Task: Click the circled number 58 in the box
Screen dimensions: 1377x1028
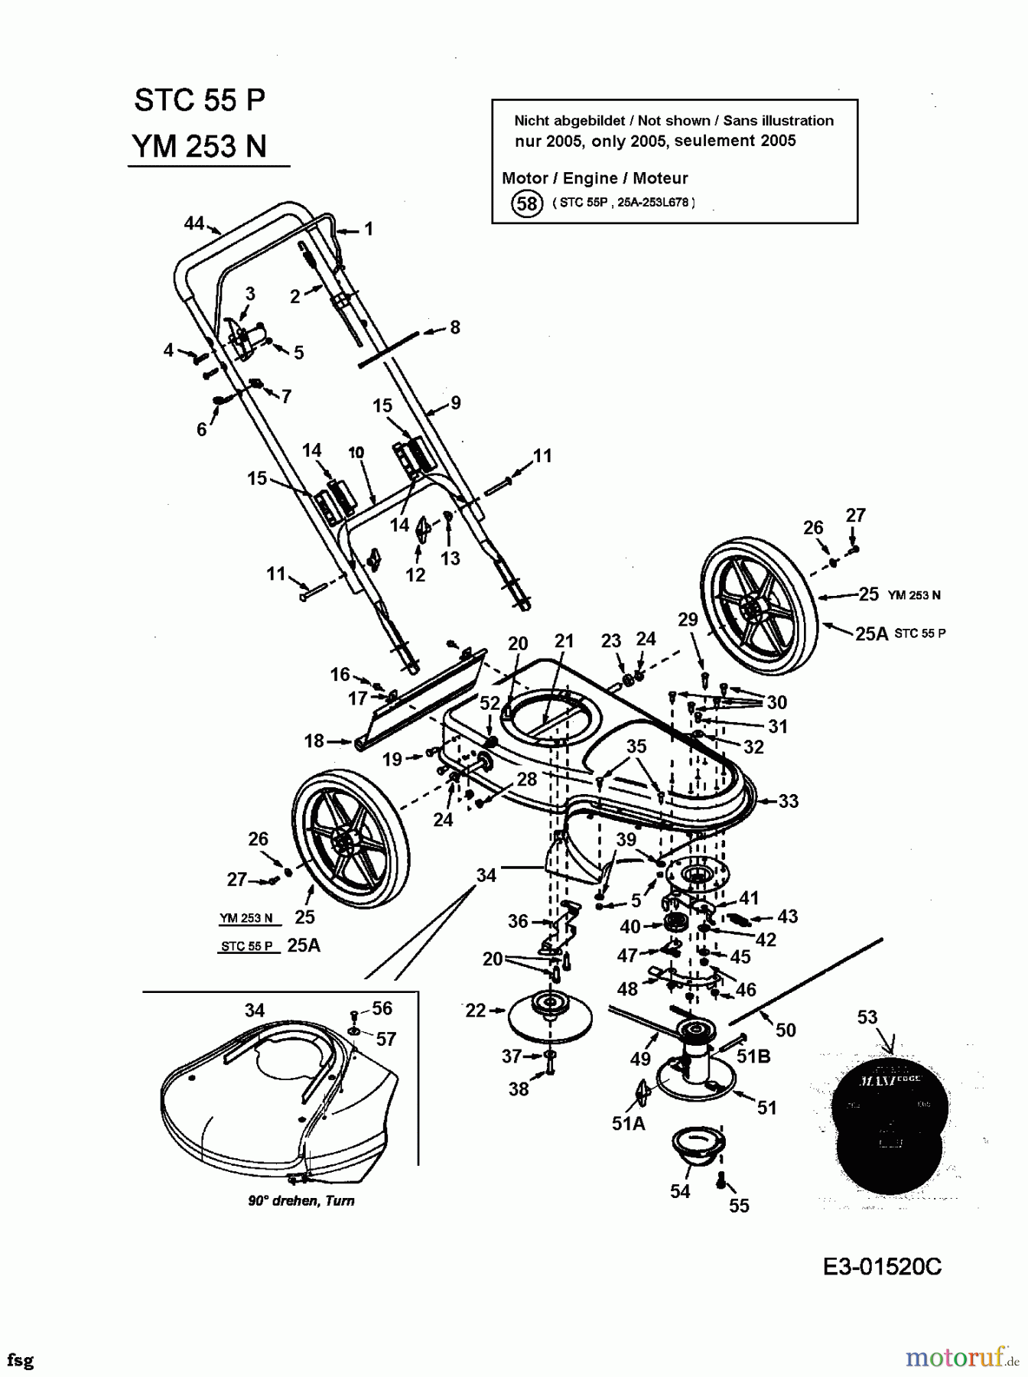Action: point(526,203)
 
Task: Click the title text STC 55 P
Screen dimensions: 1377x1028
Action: point(200,100)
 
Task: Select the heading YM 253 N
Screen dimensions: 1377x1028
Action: point(200,146)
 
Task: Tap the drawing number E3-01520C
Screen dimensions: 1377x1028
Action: point(882,1267)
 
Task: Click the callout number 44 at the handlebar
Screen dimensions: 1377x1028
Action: point(194,223)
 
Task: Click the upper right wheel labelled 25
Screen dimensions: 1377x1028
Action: point(759,606)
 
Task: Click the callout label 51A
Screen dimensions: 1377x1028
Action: point(628,1123)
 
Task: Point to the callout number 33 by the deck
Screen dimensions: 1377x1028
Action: point(789,801)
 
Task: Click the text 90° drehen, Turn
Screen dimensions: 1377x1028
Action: point(301,1200)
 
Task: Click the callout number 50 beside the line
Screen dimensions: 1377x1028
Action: point(786,1030)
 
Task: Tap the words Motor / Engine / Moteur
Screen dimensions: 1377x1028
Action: point(594,178)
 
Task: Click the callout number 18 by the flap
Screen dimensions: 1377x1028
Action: point(314,741)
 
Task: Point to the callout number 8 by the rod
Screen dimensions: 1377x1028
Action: point(455,327)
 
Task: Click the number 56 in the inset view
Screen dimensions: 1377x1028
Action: point(382,1008)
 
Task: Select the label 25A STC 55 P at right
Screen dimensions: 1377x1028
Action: point(899,633)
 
